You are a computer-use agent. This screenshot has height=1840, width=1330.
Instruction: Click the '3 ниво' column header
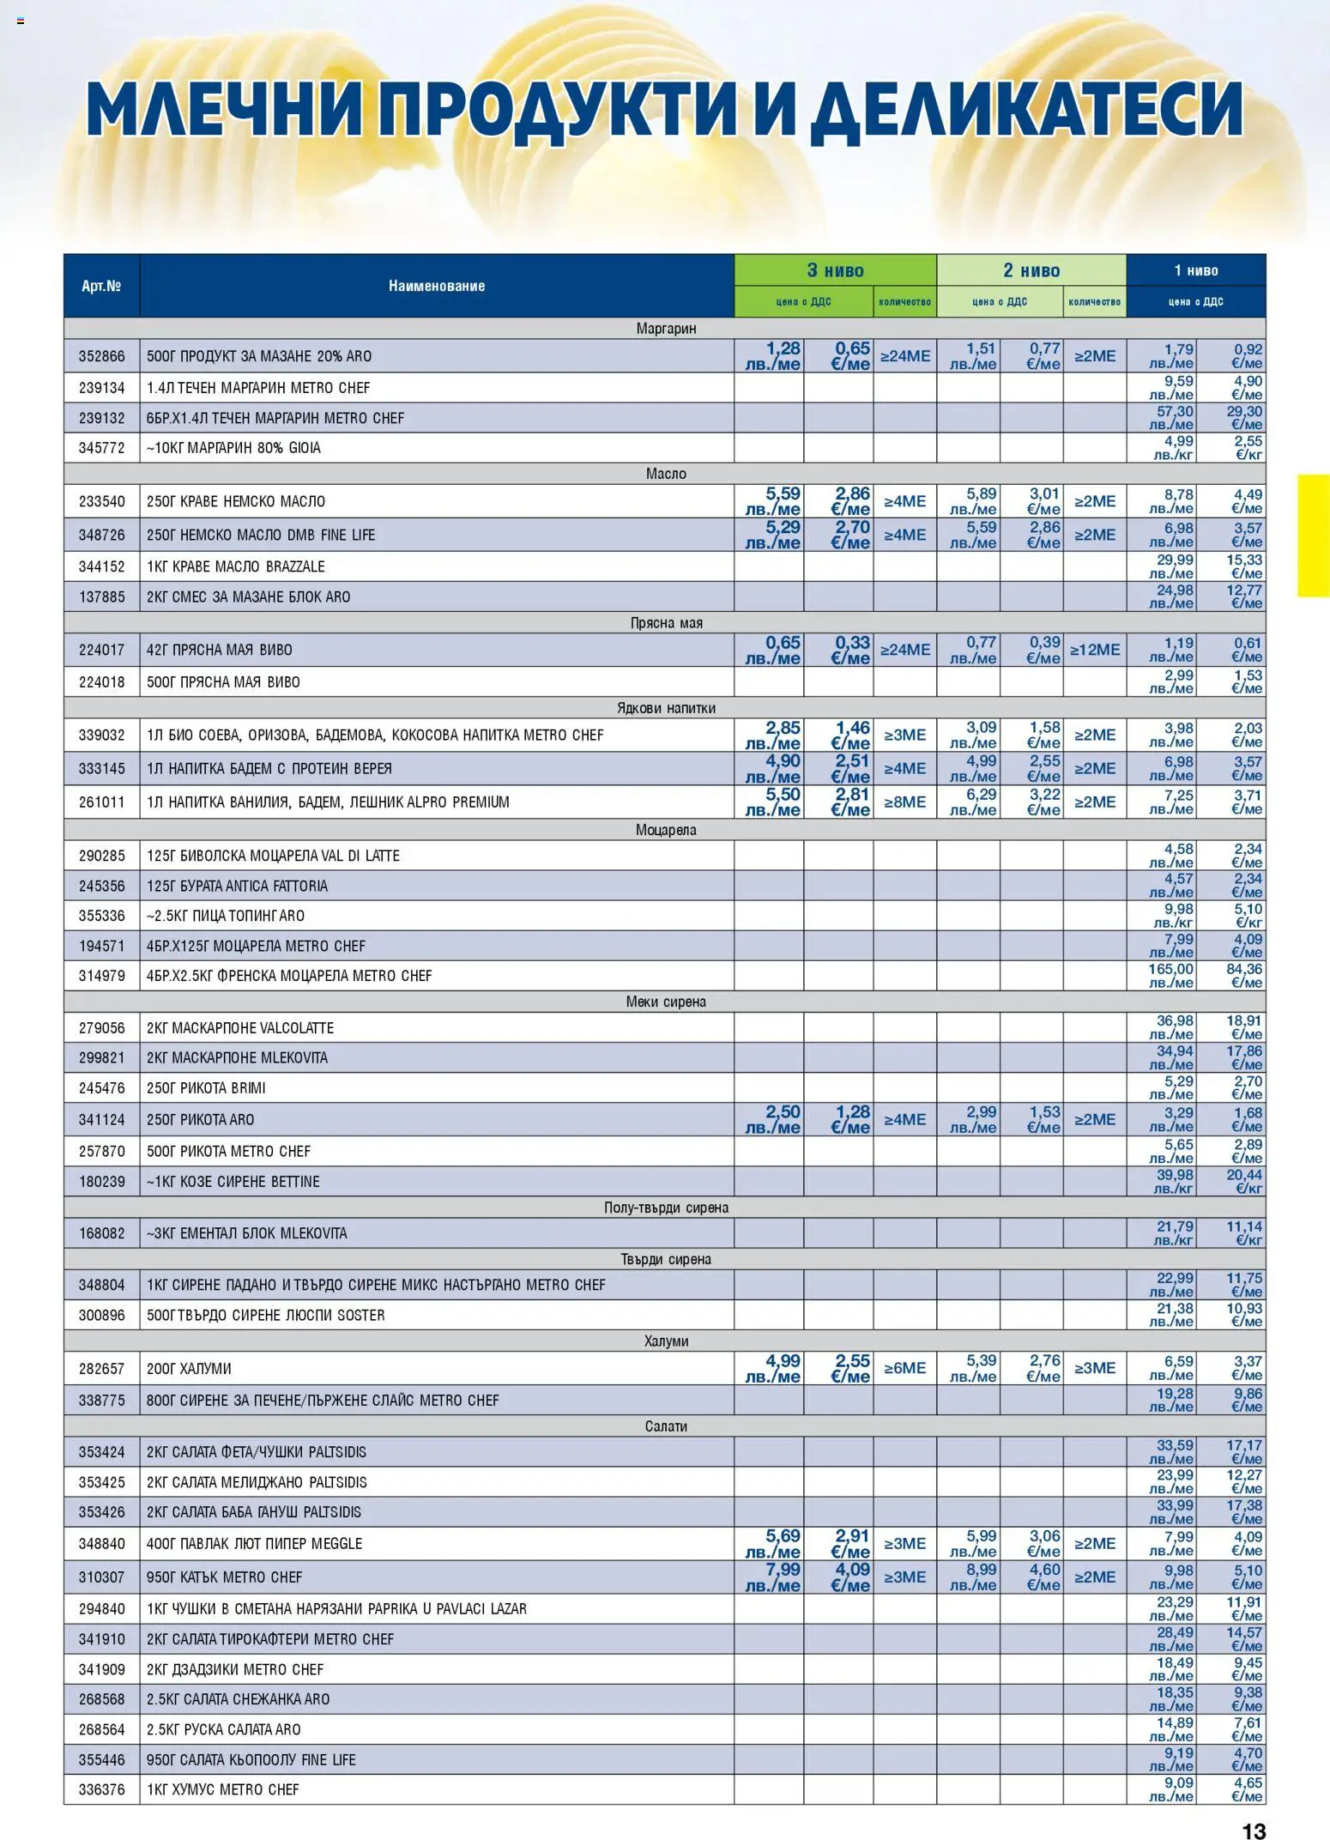point(835,270)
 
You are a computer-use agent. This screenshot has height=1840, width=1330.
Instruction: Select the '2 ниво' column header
point(1031,270)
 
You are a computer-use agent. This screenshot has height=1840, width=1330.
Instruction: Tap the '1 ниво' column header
point(1195,270)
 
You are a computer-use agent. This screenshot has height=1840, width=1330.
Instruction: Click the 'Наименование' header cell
point(436,286)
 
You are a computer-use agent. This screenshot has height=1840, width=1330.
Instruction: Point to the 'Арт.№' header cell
point(101,286)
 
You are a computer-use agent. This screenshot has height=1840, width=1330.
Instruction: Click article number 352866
point(101,356)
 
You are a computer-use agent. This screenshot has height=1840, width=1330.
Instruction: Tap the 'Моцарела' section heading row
point(665,830)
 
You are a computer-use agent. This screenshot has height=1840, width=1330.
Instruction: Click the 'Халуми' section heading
point(665,1341)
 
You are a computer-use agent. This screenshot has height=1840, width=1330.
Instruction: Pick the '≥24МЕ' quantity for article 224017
point(904,650)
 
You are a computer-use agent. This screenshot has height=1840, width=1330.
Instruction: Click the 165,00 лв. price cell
point(1170,976)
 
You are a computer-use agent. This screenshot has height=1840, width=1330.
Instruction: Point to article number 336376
point(101,1789)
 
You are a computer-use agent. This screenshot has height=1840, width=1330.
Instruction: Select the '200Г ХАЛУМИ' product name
point(189,1369)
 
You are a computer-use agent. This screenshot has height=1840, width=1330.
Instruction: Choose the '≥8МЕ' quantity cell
point(904,802)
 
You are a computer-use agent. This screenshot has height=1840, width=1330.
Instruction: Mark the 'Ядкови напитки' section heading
point(665,708)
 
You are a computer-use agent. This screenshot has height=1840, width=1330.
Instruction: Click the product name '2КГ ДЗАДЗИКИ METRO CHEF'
point(235,1669)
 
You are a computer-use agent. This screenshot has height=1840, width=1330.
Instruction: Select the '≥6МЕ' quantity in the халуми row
point(904,1368)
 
